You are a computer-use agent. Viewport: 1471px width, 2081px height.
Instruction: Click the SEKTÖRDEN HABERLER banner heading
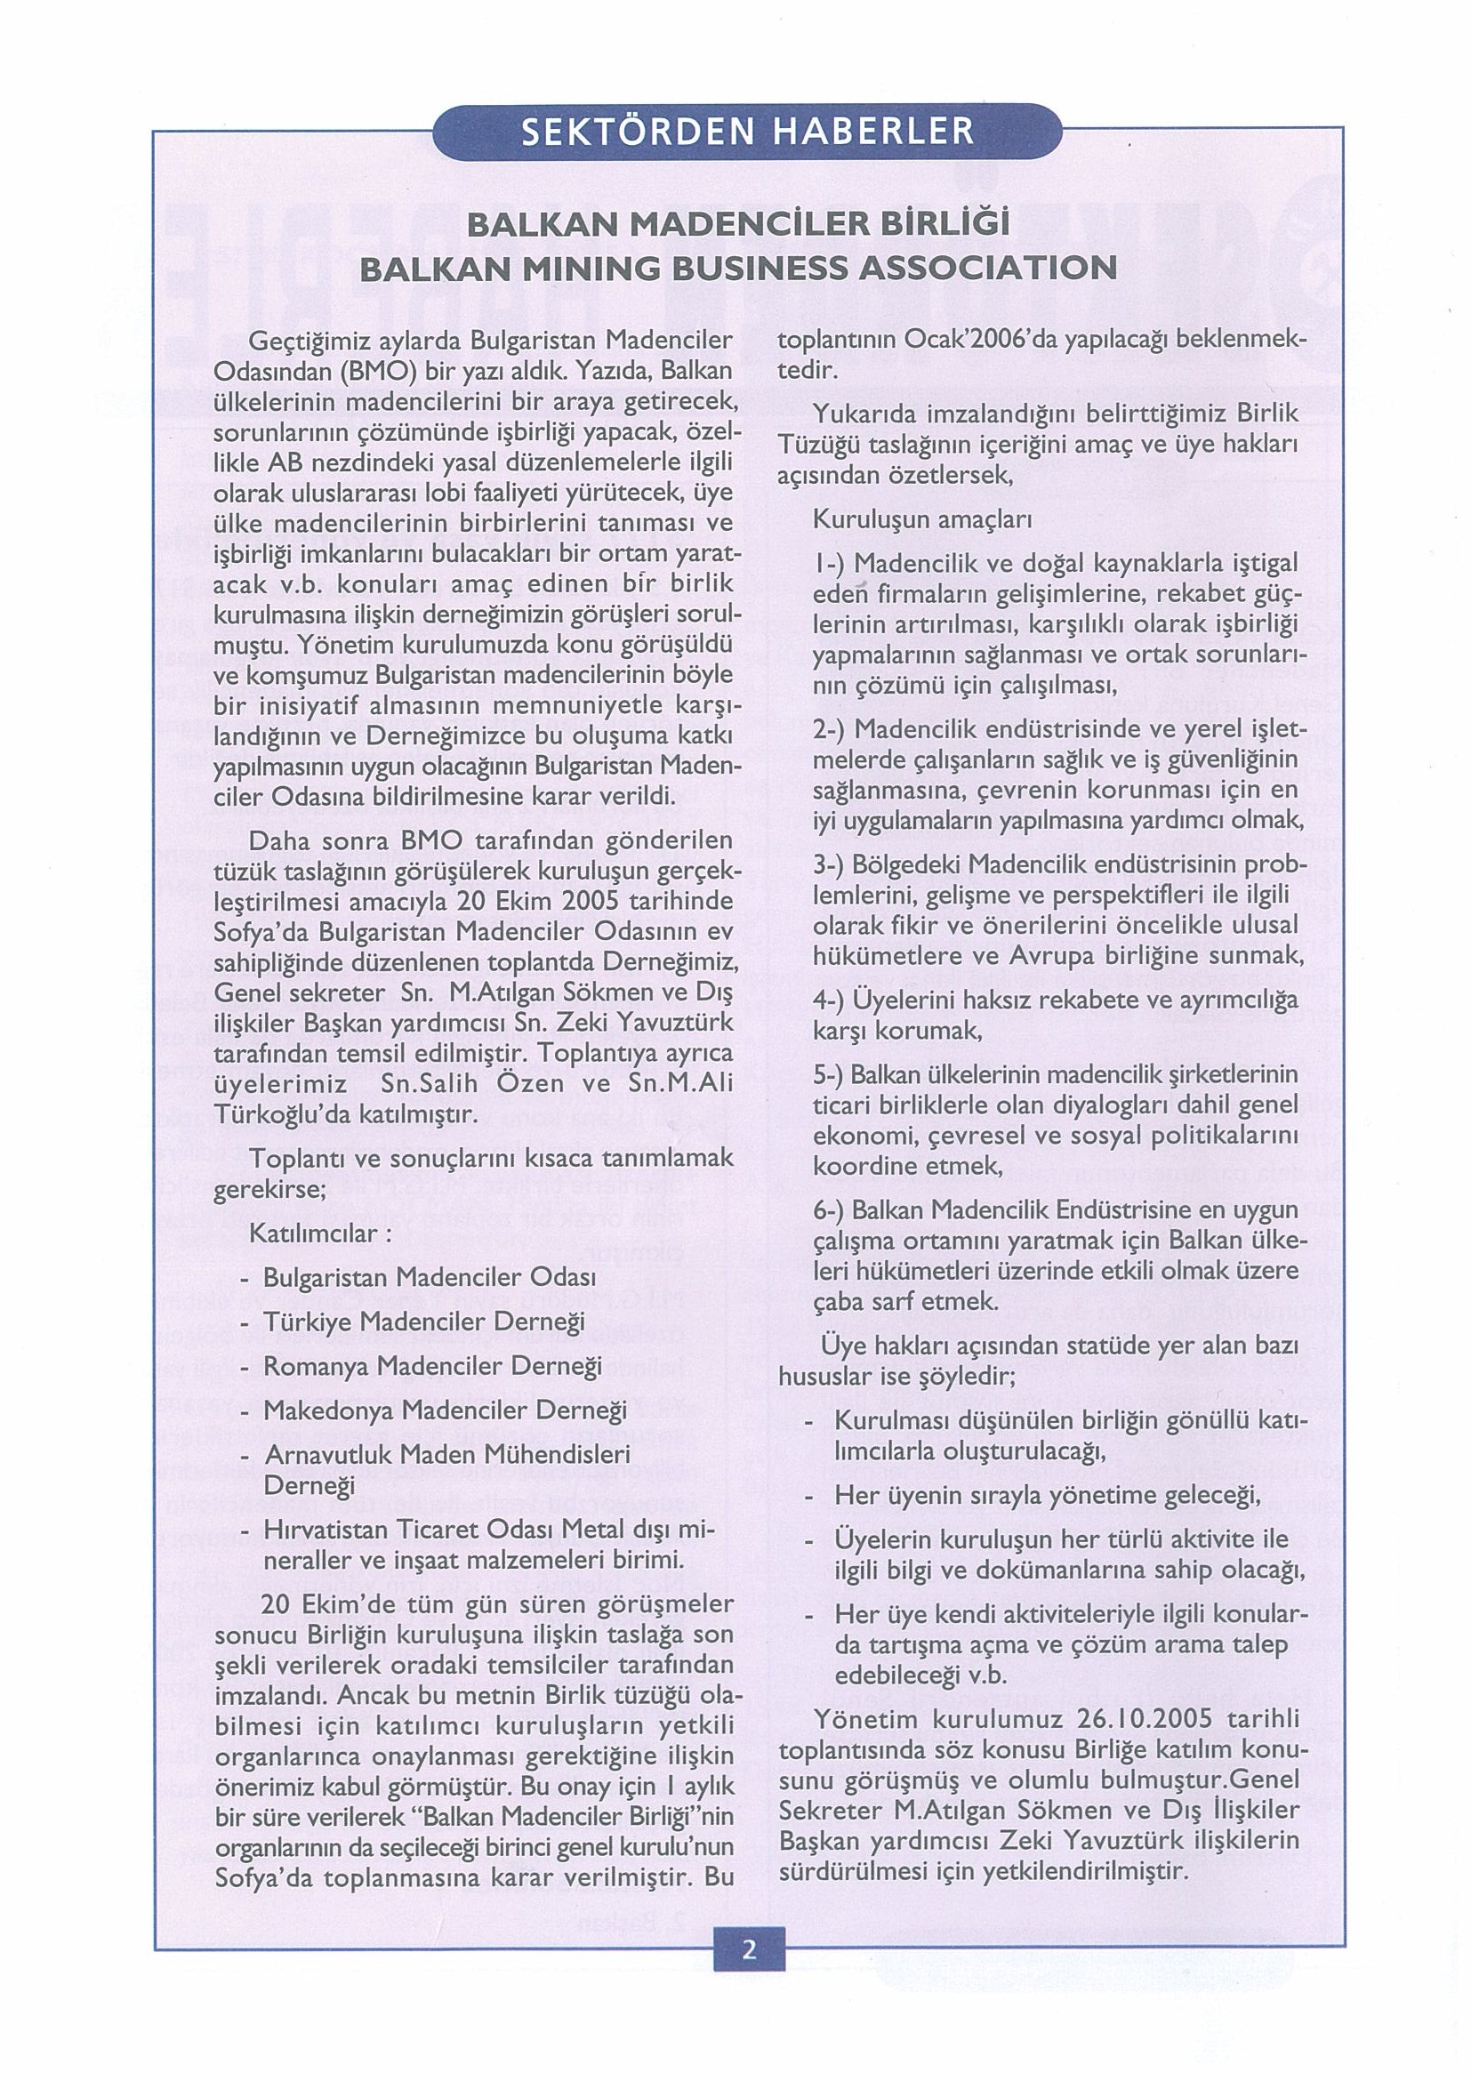(748, 133)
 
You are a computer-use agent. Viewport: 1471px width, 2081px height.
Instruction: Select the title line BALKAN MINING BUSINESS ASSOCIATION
(738, 267)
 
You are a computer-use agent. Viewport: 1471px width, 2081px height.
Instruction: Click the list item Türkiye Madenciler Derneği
(423, 1323)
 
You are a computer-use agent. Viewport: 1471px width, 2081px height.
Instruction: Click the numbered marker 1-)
(829, 564)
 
